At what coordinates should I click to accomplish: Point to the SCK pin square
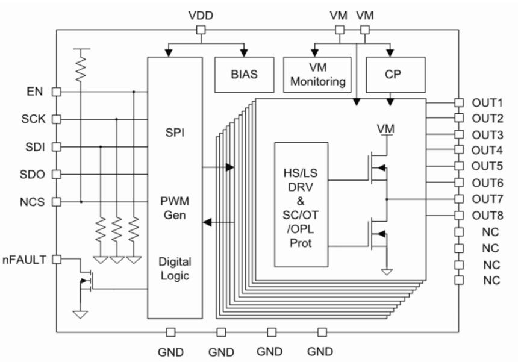pos(56,119)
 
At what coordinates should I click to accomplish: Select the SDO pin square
pos(56,175)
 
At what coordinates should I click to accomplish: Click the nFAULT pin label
pos(26,260)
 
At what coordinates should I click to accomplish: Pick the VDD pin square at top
pos(202,30)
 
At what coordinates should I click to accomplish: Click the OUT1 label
pos(487,102)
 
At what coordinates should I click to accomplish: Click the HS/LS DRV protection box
pos(301,205)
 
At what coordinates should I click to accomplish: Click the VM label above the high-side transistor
pos(385,128)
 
